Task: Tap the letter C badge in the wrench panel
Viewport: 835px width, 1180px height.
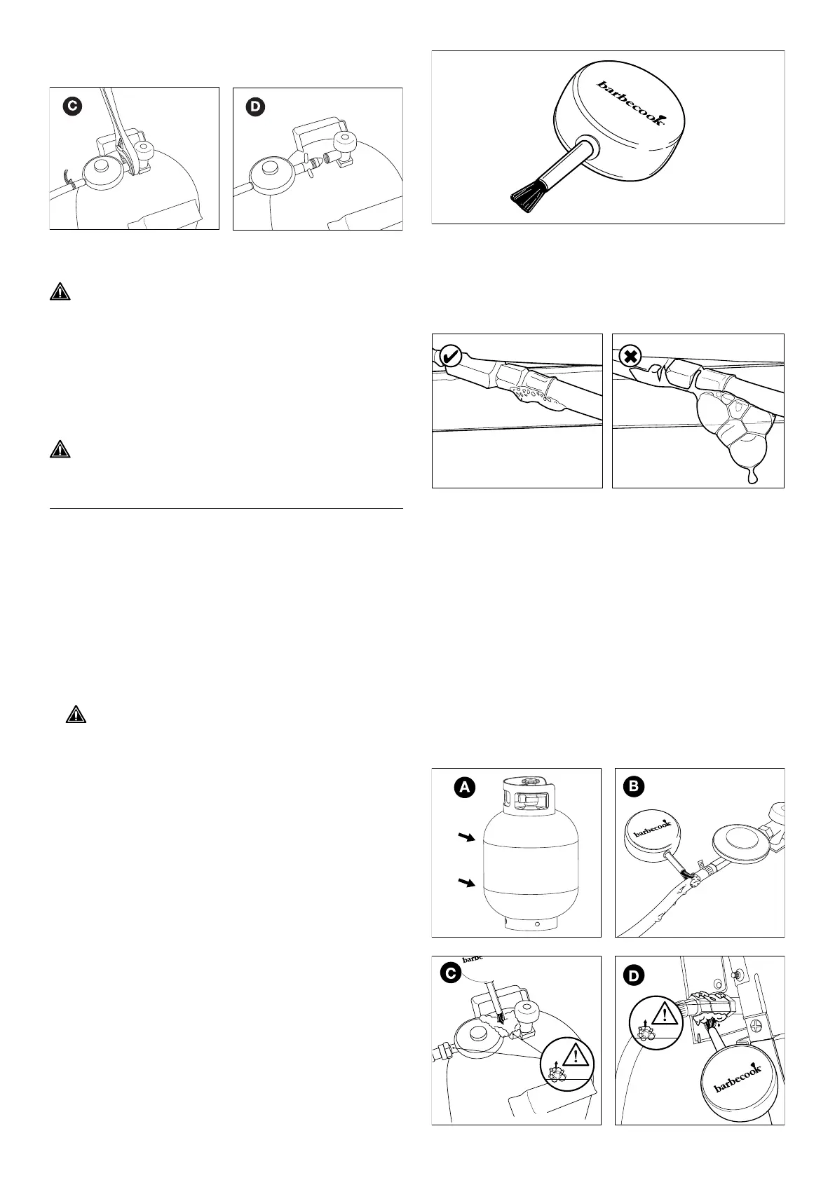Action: coord(71,107)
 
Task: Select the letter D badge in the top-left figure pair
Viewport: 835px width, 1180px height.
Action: coord(256,107)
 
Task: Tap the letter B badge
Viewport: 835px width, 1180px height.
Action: coord(633,787)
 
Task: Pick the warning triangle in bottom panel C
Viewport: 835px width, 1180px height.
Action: coord(575,1056)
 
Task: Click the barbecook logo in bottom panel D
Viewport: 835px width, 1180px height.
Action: coord(738,1086)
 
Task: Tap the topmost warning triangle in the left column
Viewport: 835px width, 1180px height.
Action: coord(61,292)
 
